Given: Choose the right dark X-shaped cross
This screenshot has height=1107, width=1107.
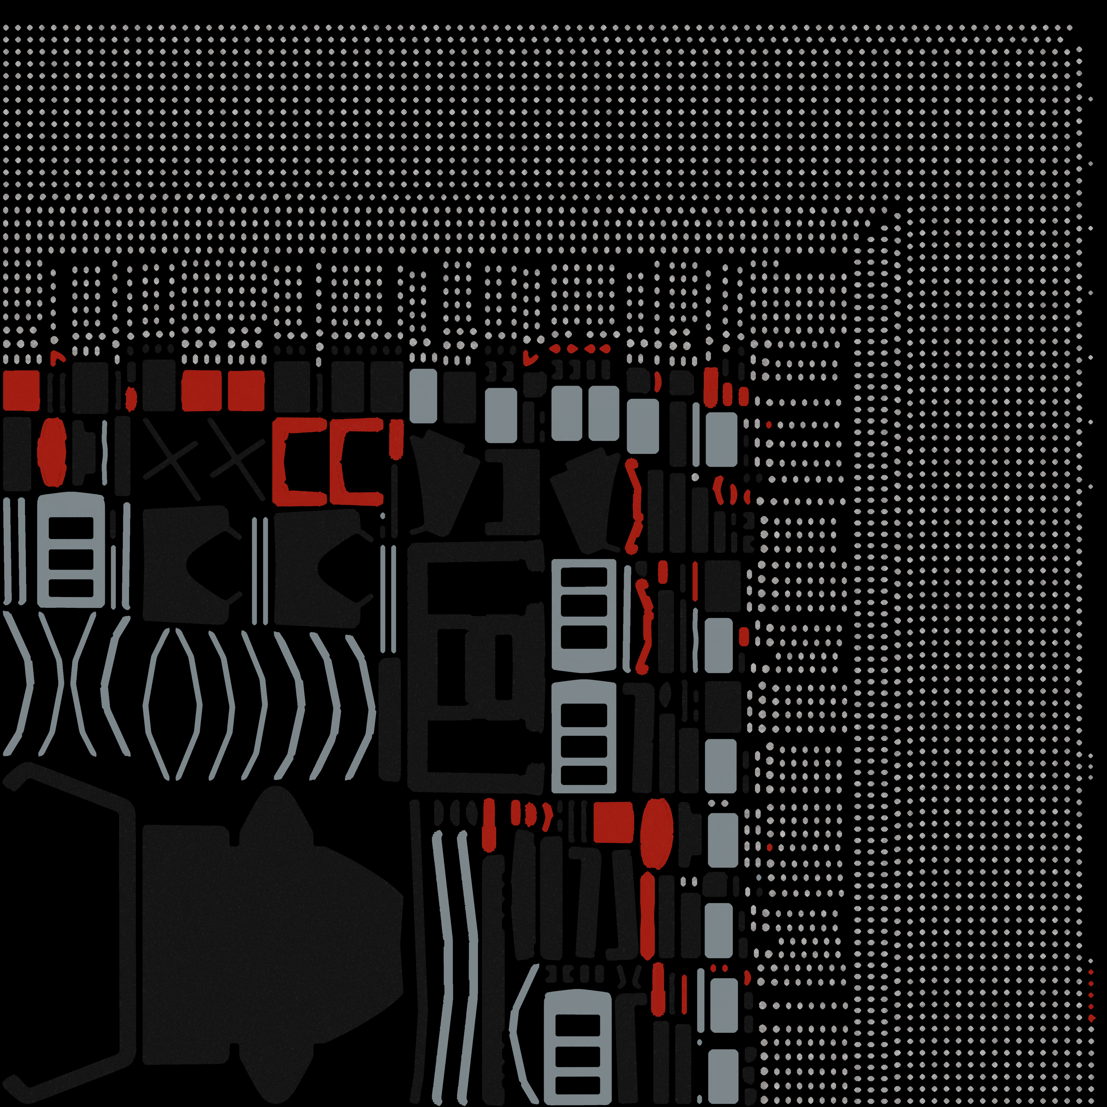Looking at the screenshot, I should (237, 458).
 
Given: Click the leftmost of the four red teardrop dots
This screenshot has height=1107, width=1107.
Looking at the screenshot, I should (555, 348).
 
